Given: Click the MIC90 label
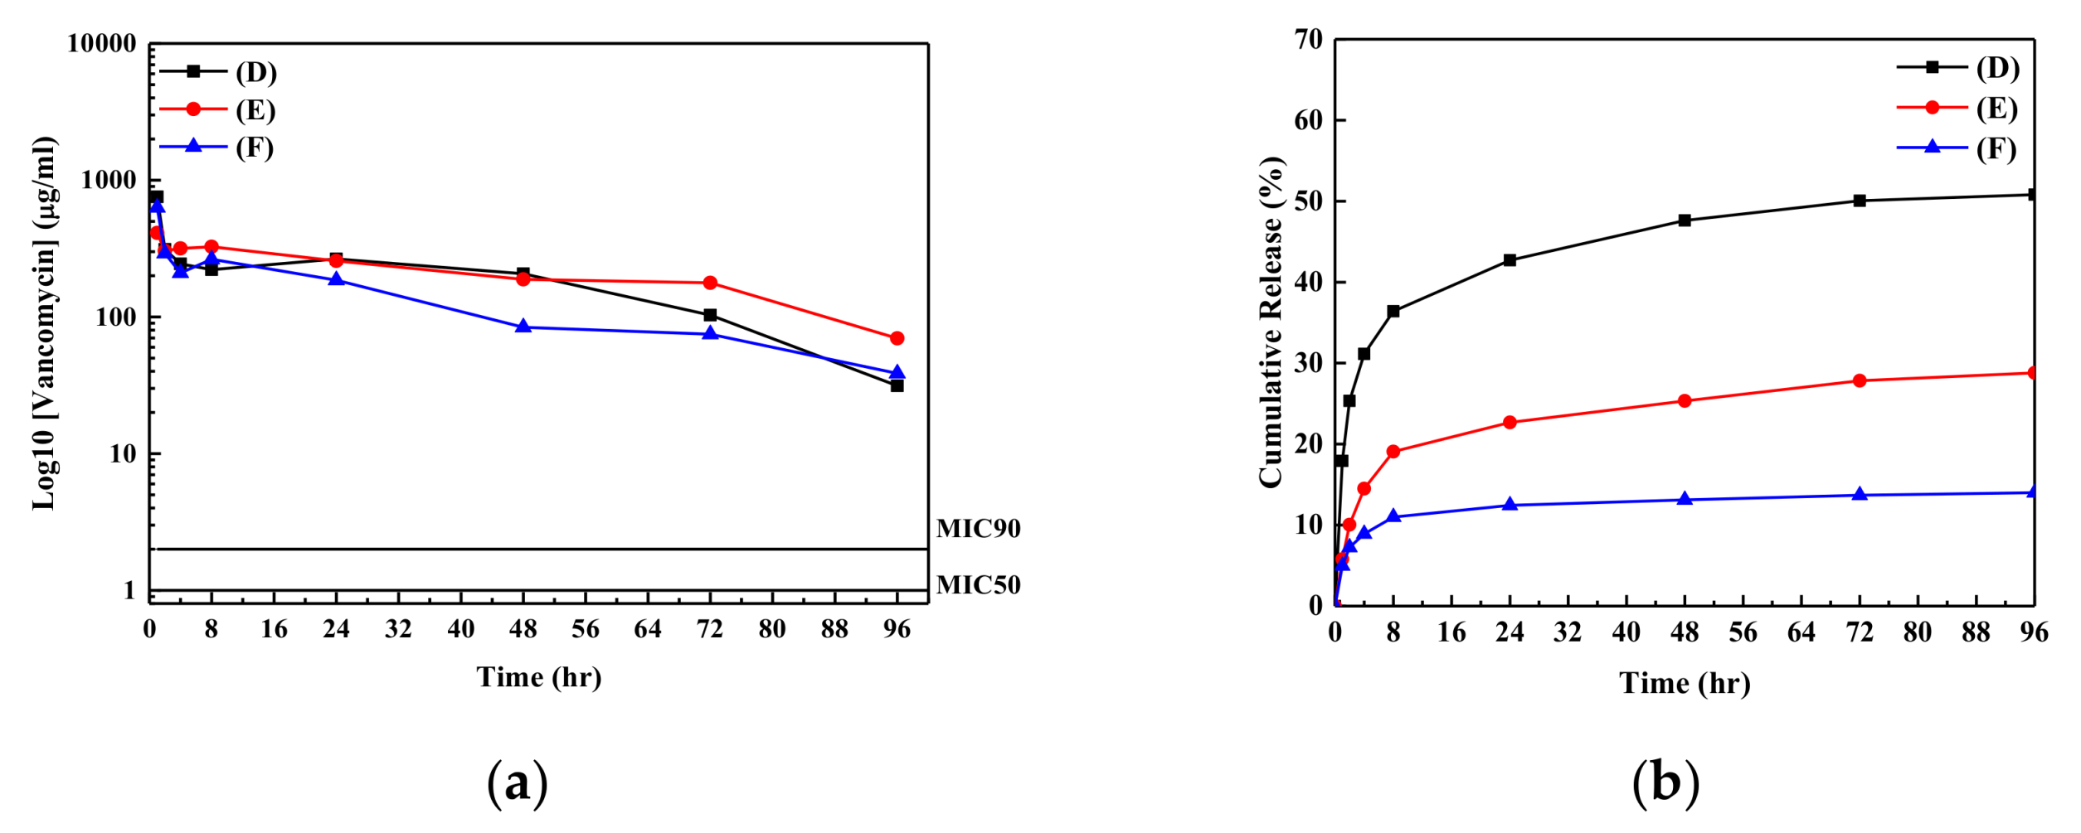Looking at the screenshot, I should pos(978,529).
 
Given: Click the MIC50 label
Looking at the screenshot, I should pos(978,585).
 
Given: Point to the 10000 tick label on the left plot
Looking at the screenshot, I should pos(101,44).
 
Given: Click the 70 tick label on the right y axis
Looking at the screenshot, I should pos(1308,39).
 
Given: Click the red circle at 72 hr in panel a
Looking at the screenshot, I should pos(710,283).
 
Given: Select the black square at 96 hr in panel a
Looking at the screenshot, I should pos(897,385).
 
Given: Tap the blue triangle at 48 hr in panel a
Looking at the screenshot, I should pos(523,327).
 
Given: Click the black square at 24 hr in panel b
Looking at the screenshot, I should pos(1510,260).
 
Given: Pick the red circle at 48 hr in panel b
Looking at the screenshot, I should pos(1685,401).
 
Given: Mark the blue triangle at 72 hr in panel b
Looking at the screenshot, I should pos(1860,495).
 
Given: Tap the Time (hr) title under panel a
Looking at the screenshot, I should pos(538,677).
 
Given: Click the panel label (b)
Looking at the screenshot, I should pos(1665,782).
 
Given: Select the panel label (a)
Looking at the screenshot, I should pos(517,782).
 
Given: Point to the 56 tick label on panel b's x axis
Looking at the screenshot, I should pos(1743,633).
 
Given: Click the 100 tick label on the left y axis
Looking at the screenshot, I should pos(115,317).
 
